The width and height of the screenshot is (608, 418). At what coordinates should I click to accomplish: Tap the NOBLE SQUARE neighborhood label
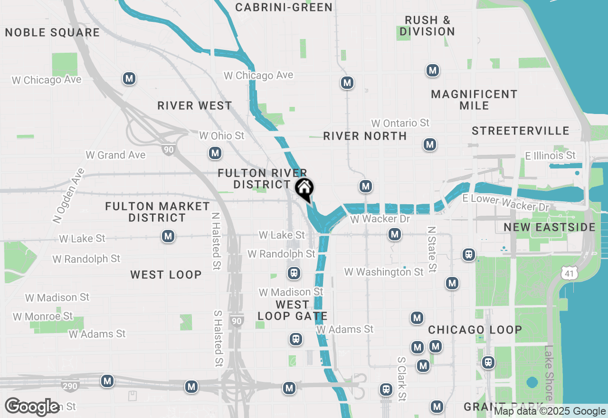(x=52, y=32)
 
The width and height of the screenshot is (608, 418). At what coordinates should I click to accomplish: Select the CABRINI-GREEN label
(x=284, y=7)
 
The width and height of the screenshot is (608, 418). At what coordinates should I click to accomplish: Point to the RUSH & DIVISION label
(x=427, y=26)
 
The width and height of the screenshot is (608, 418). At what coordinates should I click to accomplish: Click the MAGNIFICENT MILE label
(x=474, y=100)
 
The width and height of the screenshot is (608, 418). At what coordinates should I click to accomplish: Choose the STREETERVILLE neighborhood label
(x=521, y=131)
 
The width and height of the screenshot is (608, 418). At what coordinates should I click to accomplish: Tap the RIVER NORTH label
(x=365, y=136)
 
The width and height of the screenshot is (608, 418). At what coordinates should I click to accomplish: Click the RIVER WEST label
(x=195, y=105)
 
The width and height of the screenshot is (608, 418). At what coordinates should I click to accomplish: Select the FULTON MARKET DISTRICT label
(x=157, y=212)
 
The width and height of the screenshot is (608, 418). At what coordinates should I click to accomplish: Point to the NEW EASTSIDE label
(x=550, y=227)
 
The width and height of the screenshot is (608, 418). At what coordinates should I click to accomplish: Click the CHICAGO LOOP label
(x=475, y=330)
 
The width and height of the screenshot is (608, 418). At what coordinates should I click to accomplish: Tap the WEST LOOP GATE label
(x=293, y=310)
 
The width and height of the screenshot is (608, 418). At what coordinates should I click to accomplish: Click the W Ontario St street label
(x=400, y=123)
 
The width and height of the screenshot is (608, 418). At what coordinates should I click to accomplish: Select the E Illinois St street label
(x=550, y=155)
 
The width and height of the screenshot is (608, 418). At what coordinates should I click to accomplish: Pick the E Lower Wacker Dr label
(x=506, y=203)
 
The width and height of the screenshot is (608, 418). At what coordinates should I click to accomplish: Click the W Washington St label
(x=384, y=272)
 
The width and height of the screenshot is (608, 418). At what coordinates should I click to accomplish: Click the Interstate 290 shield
(x=70, y=386)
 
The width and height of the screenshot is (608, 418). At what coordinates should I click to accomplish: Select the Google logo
(x=32, y=407)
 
